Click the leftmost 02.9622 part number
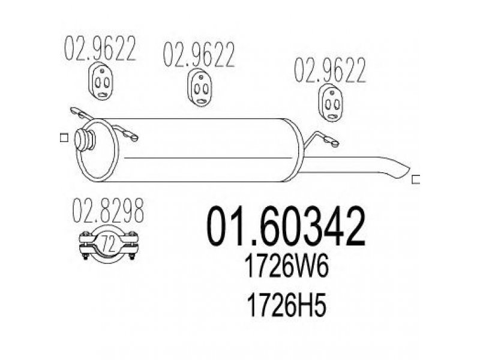coord(100,49)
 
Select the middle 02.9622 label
coord(199,55)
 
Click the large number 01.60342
coord(286,226)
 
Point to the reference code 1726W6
coord(287,266)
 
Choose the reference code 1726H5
coord(286,305)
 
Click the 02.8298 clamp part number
coord(108,211)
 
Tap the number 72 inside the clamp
coord(109,244)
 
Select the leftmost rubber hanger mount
coord(102,81)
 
